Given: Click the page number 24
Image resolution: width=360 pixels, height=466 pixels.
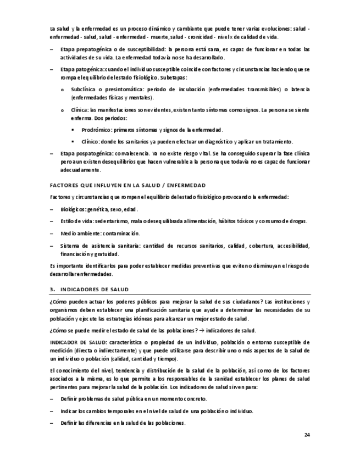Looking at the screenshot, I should [307, 435].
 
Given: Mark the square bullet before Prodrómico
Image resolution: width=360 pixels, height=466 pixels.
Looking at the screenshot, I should [73, 130].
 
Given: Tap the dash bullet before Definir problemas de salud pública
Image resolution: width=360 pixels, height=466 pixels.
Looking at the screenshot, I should [52, 399].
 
